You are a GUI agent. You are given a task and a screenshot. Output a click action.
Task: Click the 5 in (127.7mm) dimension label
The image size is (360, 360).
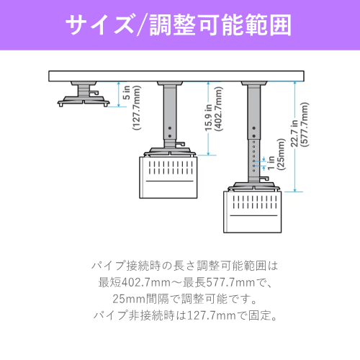[x=132, y=107]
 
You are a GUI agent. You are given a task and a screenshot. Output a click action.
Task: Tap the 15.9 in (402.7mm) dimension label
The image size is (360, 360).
[x=214, y=109]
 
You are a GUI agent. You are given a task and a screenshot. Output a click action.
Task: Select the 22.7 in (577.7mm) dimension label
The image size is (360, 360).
[x=300, y=125]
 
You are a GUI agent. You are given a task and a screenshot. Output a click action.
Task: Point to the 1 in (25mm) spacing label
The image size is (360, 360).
[x=276, y=155]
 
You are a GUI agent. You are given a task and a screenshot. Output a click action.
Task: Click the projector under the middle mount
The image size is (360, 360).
[x=168, y=178]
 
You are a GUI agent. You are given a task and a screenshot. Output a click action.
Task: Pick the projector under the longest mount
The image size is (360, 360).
[x=253, y=212]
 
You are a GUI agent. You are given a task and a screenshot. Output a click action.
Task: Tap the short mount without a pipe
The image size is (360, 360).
[x=84, y=94]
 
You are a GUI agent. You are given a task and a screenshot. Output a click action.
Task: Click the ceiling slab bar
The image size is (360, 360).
[x=176, y=76]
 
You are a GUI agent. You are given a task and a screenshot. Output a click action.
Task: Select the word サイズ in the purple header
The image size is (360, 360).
[x=99, y=24]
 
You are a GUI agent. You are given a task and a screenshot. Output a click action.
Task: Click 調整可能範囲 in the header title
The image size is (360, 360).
[x=220, y=24]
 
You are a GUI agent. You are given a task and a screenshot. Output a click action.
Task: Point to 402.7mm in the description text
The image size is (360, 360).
[x=146, y=282]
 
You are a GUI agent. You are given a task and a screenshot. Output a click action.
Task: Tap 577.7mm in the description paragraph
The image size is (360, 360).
[x=230, y=282]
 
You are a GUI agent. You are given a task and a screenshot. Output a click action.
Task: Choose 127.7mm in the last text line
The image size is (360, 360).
[x=211, y=315]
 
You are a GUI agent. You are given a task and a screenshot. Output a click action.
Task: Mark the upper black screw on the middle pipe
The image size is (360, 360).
[x=170, y=128]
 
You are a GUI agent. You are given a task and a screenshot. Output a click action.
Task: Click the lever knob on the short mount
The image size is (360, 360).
[x=94, y=92]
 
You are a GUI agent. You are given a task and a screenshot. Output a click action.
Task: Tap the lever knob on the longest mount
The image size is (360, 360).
[x=264, y=179]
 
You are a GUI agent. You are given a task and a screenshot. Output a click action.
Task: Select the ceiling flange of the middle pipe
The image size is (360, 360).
[x=170, y=84]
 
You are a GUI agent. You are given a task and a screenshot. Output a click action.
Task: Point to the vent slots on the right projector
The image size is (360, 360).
[x=255, y=202]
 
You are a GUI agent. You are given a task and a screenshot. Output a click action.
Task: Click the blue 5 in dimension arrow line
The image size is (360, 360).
[x=119, y=94]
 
